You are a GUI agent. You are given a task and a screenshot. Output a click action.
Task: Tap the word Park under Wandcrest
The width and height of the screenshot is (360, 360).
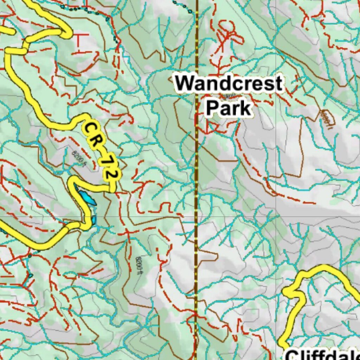click(x=229, y=108)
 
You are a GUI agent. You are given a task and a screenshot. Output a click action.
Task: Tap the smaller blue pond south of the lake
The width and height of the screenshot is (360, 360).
click(x=94, y=220)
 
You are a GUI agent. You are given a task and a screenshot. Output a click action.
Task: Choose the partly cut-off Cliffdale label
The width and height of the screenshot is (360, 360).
click(x=322, y=354)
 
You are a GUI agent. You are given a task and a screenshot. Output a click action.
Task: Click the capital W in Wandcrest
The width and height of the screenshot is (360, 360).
click(x=185, y=84)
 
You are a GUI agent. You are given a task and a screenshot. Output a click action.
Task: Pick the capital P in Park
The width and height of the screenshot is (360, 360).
click(x=212, y=108)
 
